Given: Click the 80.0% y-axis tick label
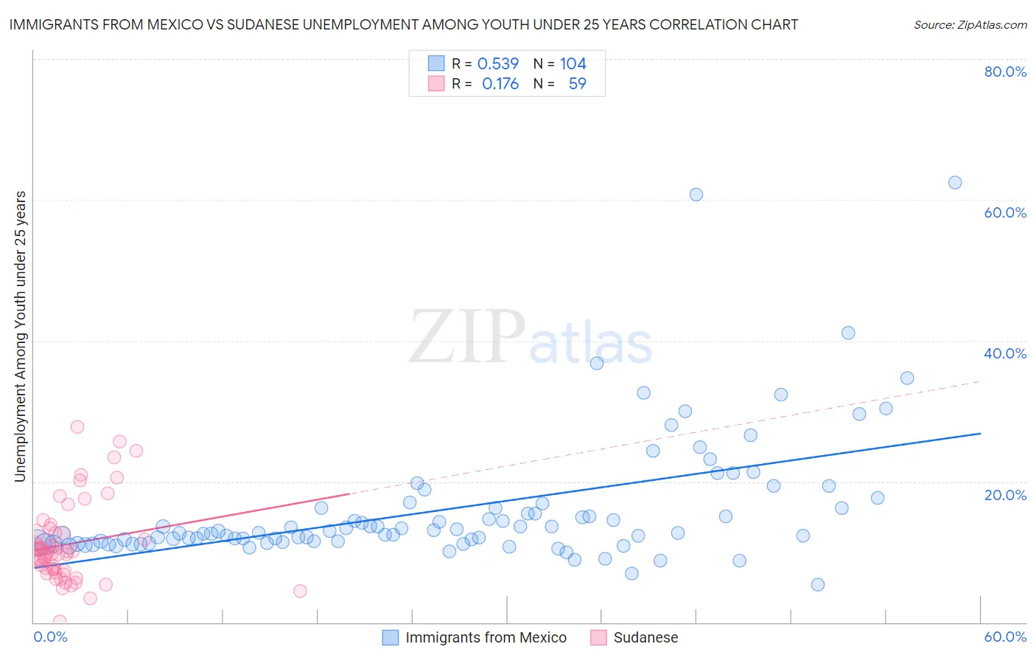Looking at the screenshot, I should coord(1005,72).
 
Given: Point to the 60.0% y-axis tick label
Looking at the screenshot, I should coord(1005,212).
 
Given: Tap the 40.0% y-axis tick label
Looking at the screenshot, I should coord(1005,353).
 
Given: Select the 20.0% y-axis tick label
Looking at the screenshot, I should coord(1005,495).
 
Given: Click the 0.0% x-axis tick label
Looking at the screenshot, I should coord(50,637).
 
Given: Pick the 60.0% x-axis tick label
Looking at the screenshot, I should coord(1005,637).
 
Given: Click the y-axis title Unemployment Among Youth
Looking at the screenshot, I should coord(20,336).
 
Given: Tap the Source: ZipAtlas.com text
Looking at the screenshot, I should coord(970,25).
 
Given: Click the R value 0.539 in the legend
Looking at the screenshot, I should coord(498,64).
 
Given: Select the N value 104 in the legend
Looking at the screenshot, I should coord(573,64).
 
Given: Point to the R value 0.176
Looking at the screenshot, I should coord(500,84).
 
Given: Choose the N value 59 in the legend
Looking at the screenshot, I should coord(577,84).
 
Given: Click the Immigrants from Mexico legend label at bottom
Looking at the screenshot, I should coord(486,637).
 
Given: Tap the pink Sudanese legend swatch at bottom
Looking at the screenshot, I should coord(598,637).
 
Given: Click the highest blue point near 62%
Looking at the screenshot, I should coord(955,182).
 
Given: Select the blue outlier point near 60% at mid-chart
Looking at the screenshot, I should coord(696,195).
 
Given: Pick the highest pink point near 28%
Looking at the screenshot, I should coord(77,426).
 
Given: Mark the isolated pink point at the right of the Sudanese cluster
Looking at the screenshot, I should coord(300,591).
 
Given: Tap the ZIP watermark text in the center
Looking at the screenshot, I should coord(466,337).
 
